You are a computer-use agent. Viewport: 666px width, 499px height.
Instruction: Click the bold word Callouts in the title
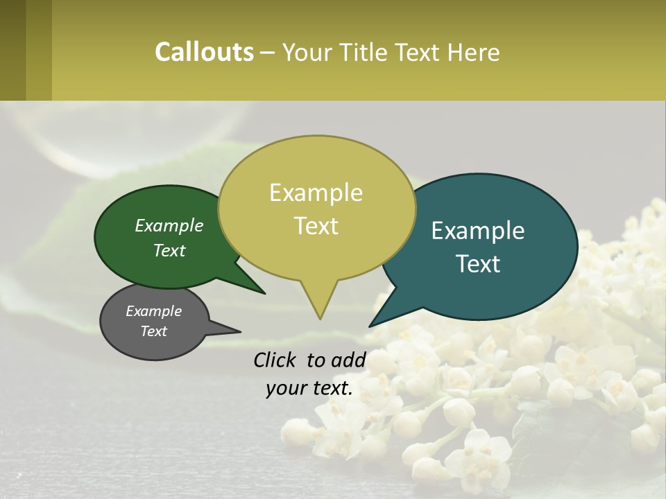point(204,52)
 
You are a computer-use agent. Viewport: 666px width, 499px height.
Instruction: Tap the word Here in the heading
point(474,52)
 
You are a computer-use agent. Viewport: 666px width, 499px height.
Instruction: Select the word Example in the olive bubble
point(316,193)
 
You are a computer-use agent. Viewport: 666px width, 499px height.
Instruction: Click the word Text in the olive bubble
point(316,226)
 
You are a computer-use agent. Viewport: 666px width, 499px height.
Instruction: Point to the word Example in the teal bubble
point(478,231)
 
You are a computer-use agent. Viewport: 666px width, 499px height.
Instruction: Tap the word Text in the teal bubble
point(478,264)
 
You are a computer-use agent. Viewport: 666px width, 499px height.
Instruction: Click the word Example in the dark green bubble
point(169,225)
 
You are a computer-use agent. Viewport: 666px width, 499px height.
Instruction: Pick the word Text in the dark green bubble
point(169,250)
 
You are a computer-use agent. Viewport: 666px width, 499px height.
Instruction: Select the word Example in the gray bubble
point(153,311)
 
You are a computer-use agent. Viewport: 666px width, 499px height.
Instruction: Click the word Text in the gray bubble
point(153,331)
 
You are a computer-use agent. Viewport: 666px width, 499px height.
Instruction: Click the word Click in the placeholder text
point(276,360)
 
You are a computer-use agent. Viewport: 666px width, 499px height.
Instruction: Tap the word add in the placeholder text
point(348,360)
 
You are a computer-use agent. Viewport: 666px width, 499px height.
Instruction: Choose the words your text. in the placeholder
point(309,388)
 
